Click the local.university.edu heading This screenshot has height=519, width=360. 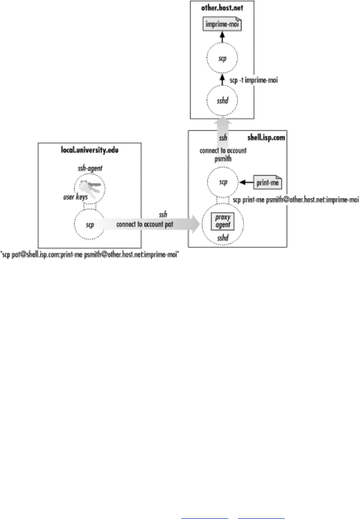tap(90, 149)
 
